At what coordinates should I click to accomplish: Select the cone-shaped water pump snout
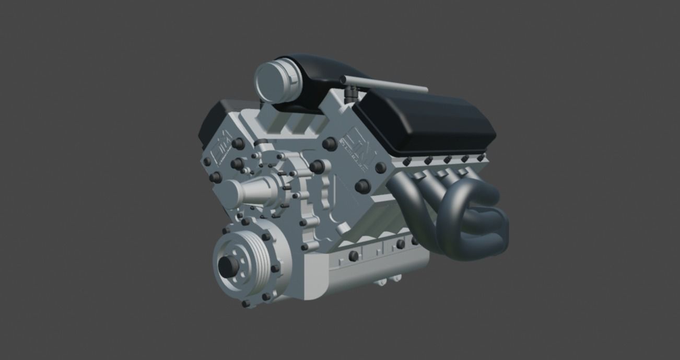tap(251, 191)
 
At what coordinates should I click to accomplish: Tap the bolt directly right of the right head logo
tap(380, 168)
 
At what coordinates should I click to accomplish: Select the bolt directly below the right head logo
tap(361, 187)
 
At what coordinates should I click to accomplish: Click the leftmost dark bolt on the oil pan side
tap(354, 256)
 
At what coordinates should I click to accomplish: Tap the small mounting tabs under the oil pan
tap(384, 282)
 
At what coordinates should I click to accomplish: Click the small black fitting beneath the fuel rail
tap(349, 94)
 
